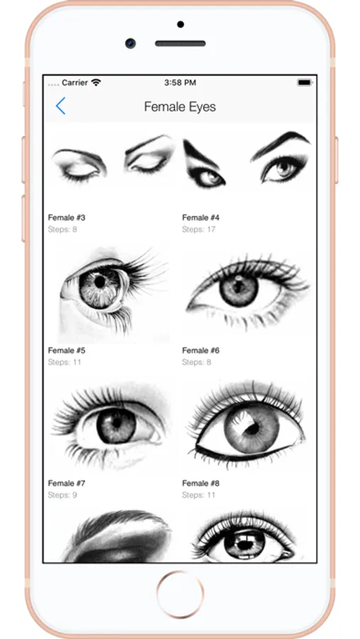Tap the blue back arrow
click(60, 106)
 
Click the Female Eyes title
click(180, 106)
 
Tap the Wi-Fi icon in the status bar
click(96, 82)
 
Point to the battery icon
click(305, 83)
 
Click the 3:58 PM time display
click(180, 83)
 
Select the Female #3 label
click(67, 218)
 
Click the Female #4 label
click(200, 218)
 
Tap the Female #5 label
click(67, 351)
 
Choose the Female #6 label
click(200, 351)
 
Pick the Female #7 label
click(67, 484)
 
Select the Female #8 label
click(200, 484)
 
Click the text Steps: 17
click(199, 229)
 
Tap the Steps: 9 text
click(62, 495)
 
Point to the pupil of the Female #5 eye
click(100, 281)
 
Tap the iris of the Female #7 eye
click(116, 425)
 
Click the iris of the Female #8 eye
click(251, 429)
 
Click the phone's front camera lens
click(131, 43)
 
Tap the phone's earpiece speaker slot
click(180, 43)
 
